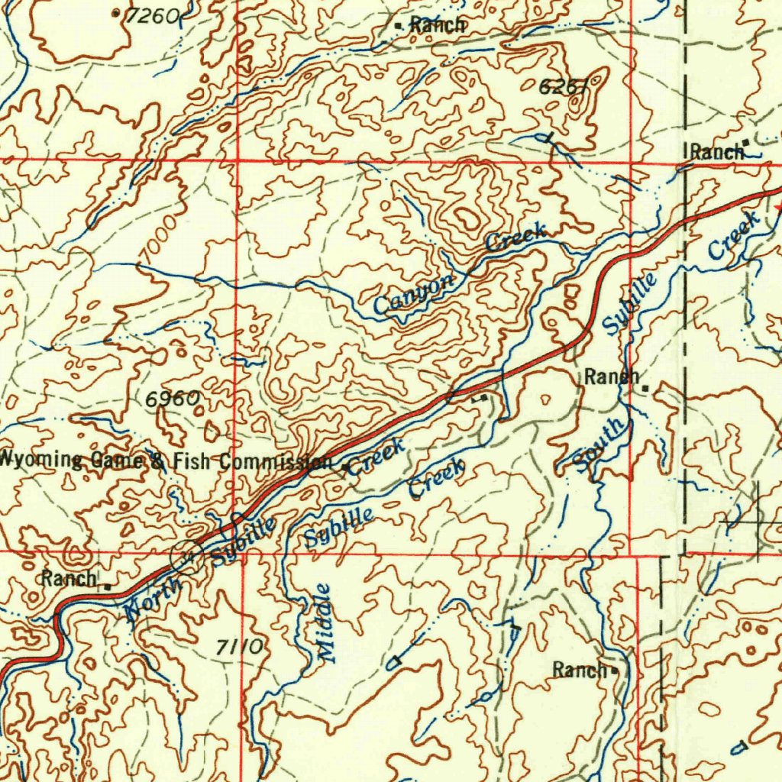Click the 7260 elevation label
point(152,16)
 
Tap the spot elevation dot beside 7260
point(116,13)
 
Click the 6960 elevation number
point(173,399)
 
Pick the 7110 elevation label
point(240,648)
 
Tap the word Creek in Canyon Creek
point(516,237)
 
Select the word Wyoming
point(40,460)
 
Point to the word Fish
point(194,461)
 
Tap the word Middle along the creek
point(325,622)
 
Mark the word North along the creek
point(153,599)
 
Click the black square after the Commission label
point(345,467)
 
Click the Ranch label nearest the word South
point(612,376)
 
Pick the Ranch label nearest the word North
point(69,578)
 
